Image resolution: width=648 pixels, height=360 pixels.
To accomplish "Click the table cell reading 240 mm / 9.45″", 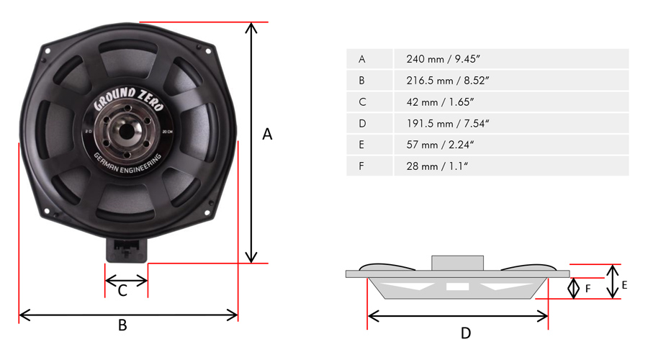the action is point(511,59).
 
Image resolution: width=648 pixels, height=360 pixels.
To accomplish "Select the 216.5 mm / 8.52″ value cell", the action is point(511,80).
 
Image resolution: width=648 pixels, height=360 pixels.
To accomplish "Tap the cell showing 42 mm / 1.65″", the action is point(511,102).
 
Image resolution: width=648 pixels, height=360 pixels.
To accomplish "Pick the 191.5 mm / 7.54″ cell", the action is point(511,123).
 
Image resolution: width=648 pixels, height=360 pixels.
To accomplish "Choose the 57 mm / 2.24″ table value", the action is point(511,145).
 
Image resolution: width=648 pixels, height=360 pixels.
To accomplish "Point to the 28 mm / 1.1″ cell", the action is point(511,166).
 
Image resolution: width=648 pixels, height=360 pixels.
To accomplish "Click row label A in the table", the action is point(362,59).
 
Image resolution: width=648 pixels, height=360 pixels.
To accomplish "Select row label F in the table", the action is point(361,166).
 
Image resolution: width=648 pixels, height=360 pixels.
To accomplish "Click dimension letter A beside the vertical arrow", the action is point(267,135).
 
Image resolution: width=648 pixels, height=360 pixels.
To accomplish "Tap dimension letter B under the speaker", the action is point(122,325).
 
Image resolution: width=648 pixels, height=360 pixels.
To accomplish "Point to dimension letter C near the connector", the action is point(122,291).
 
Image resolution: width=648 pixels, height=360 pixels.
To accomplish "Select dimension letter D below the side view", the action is point(466,333).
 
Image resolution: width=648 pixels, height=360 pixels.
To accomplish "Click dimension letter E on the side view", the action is point(624,285).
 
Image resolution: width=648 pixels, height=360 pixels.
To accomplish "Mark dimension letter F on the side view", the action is point(588,289).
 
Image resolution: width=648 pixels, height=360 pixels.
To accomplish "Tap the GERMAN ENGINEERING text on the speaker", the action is point(127,164).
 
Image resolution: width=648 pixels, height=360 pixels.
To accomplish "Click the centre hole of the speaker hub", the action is point(127,132).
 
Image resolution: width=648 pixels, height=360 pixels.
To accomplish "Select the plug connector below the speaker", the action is point(127,250).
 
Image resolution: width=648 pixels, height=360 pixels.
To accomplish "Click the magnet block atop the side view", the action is point(457,264).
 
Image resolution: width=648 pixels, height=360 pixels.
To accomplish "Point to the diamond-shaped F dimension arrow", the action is point(574,289).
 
